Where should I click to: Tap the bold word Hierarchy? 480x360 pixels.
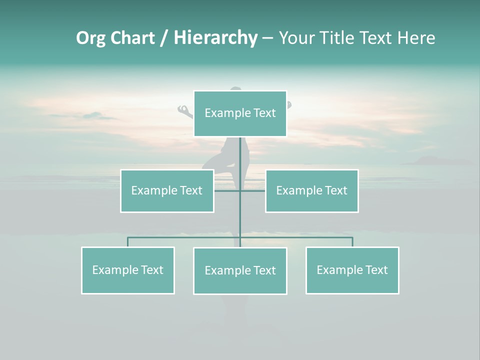click(x=215, y=38)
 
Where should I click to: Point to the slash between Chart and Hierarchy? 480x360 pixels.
click(x=163, y=38)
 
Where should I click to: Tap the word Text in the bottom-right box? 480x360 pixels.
click(x=376, y=270)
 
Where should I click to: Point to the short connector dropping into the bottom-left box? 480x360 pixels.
click(x=127, y=242)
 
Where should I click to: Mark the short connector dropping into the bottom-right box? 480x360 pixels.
click(x=352, y=242)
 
